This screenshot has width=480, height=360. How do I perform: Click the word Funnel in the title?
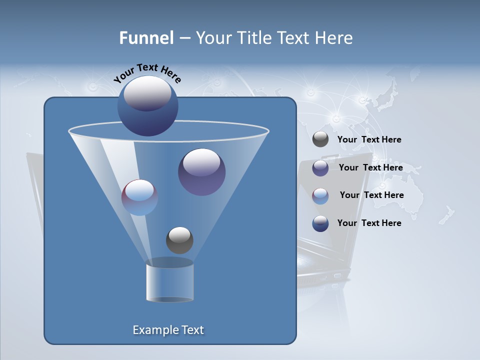click(x=146, y=38)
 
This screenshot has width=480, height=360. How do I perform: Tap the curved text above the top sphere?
click(x=147, y=72)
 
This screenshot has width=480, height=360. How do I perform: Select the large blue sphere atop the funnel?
click(x=147, y=106)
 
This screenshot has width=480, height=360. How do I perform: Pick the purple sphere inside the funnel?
click(x=201, y=172)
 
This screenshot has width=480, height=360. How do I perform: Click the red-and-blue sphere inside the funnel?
click(x=139, y=197)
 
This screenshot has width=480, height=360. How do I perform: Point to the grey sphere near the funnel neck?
click(x=179, y=240)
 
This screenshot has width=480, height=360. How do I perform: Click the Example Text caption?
click(x=168, y=330)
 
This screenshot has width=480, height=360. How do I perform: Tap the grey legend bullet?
click(x=320, y=139)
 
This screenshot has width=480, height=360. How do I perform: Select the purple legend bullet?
click(x=320, y=168)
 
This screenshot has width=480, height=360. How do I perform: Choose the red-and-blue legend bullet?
click(x=320, y=195)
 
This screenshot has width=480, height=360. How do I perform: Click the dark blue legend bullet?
click(x=320, y=223)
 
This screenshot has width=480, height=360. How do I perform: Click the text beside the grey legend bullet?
click(x=369, y=140)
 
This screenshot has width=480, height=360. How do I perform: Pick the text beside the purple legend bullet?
click(x=370, y=168)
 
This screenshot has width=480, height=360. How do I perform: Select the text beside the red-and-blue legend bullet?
click(x=371, y=195)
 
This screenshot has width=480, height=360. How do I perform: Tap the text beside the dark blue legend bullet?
click(x=369, y=223)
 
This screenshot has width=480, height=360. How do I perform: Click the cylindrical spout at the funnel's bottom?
click(x=169, y=282)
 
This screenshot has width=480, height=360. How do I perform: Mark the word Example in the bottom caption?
click(x=151, y=330)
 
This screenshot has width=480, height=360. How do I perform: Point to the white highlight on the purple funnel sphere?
click(x=201, y=162)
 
